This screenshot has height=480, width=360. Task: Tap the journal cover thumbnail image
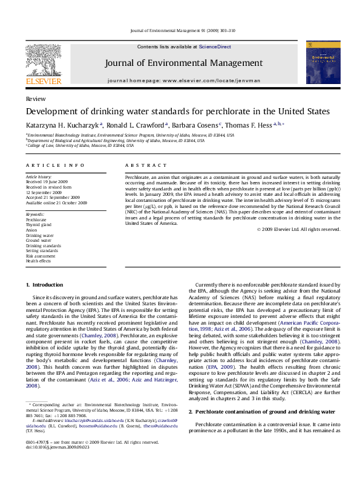click(318, 62)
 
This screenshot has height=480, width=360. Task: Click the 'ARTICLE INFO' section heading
click(55, 165)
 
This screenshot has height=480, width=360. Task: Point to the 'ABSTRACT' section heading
click(142, 165)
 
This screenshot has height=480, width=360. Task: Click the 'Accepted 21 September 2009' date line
click(53, 198)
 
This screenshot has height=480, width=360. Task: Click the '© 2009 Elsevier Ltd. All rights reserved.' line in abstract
click(298, 229)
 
